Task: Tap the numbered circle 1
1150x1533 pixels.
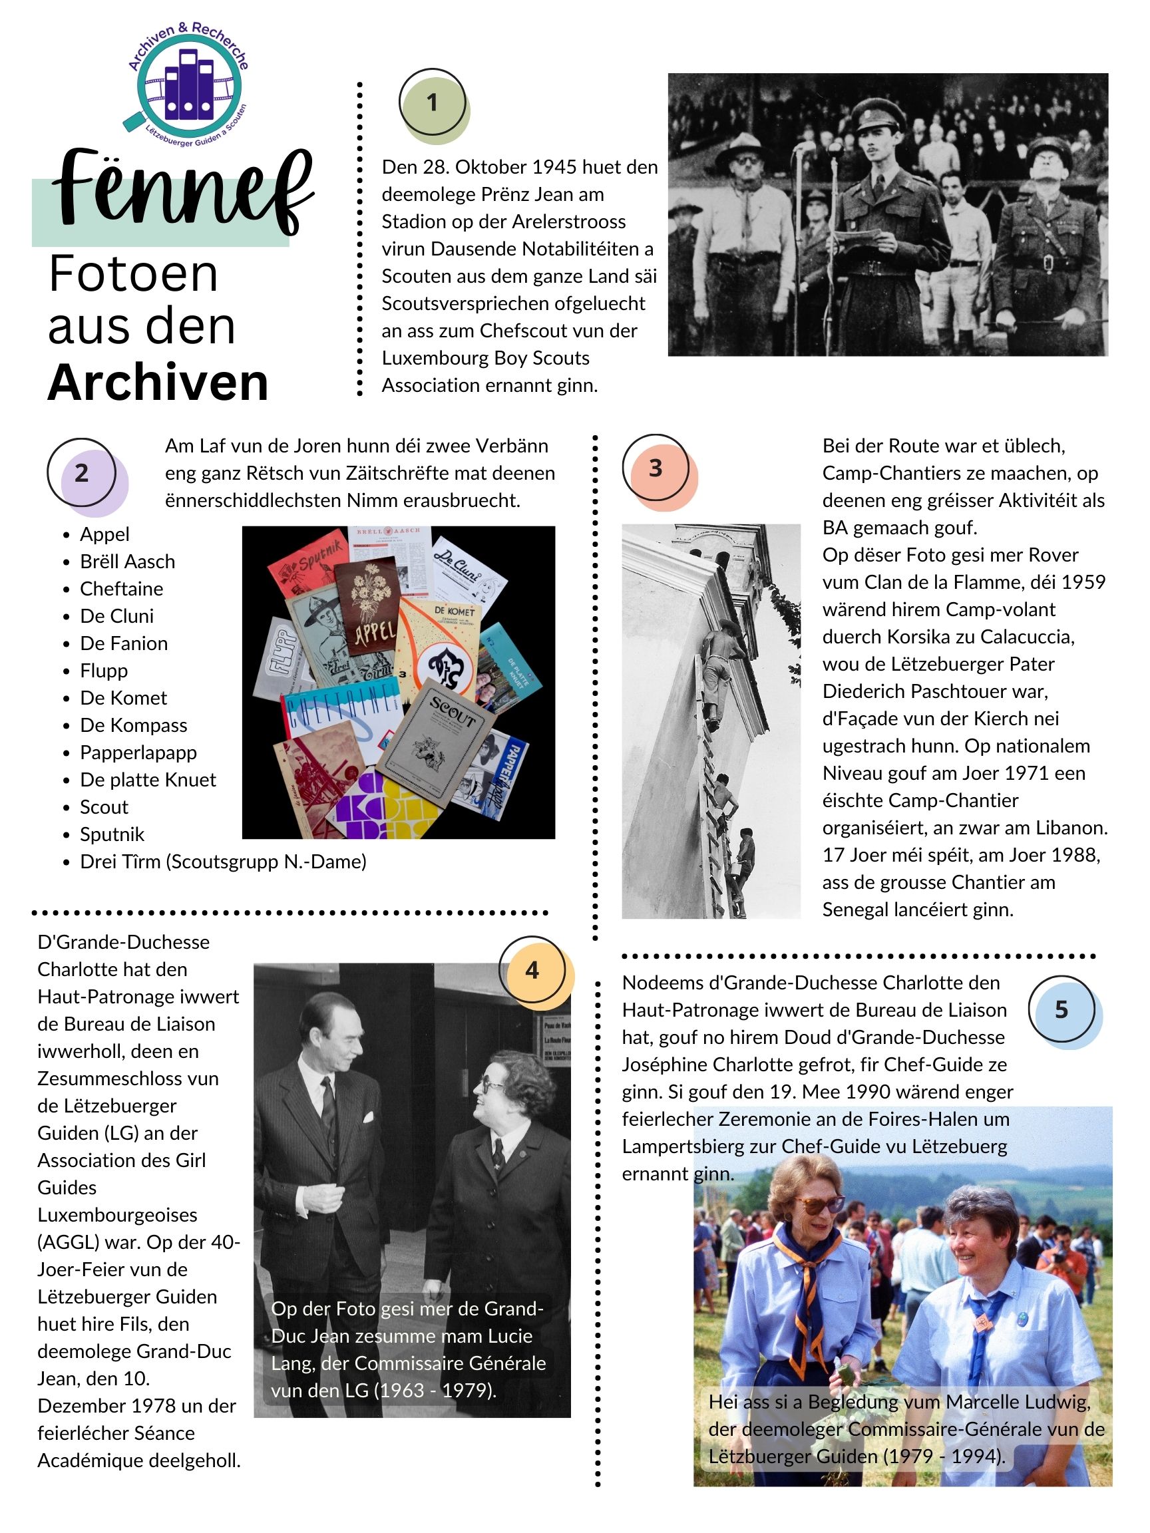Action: coord(433,102)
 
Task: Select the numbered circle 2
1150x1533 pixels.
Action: coord(81,472)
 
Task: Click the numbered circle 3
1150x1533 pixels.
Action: coord(655,468)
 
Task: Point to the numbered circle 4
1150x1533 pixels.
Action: coord(532,970)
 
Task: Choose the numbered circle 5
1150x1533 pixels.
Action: coord(1061,1010)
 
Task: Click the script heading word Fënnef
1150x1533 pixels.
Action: coord(182,191)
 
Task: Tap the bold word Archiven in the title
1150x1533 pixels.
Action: coord(158,383)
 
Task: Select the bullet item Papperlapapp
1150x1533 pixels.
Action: coord(138,753)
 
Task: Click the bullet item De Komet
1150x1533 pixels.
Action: coord(123,698)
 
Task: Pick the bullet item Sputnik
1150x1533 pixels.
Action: coord(112,834)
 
